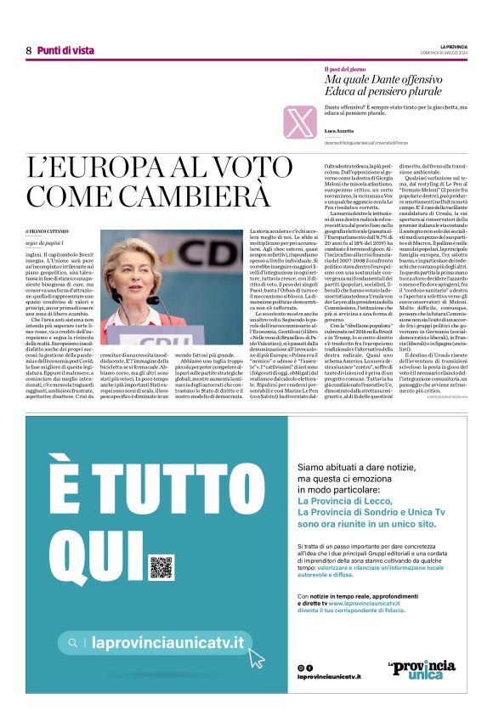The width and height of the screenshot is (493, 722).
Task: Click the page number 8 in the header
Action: pos(29,50)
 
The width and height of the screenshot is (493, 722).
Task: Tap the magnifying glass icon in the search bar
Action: pos(75,644)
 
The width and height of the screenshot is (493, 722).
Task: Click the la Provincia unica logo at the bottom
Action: pos(416,668)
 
